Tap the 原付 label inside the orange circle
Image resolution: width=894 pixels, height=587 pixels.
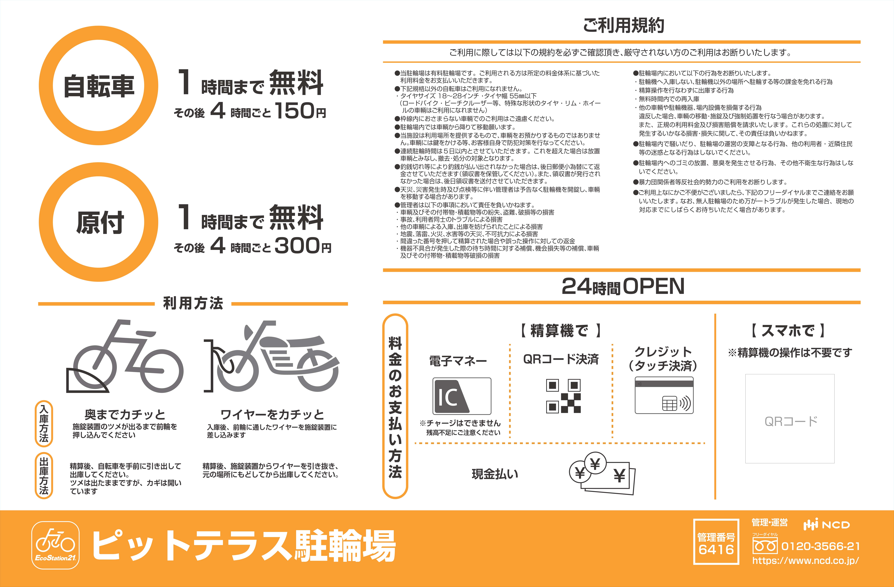tap(100, 222)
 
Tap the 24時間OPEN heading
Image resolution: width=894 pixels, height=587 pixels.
tap(623, 286)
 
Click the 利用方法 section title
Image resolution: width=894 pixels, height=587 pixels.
tap(193, 303)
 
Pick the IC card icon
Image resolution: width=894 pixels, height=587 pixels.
tap(462, 396)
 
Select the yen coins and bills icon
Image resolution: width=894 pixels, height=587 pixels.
tap(602, 474)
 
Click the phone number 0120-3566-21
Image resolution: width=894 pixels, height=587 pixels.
tap(820, 546)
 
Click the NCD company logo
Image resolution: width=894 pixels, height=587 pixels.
tap(826, 525)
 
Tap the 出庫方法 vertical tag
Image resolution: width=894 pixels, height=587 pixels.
tap(44, 476)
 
